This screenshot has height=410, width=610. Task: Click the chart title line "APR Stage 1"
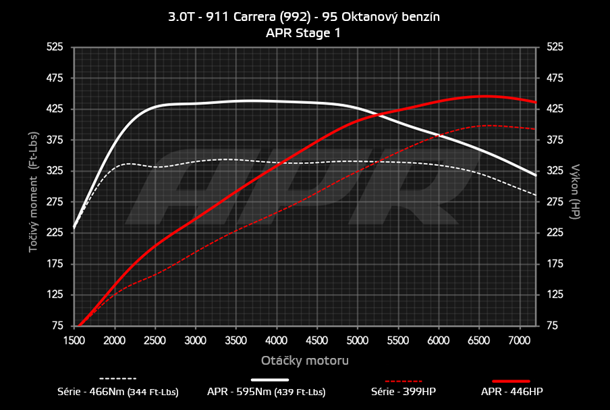tap(304, 32)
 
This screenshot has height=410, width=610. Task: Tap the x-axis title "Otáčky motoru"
tap(304, 361)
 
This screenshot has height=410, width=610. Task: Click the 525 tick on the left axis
tap(54, 47)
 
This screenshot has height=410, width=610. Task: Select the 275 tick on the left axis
tap(54, 202)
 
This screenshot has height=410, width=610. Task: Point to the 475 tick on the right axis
tap(555, 78)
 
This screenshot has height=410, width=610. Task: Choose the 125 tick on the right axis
tap(555, 294)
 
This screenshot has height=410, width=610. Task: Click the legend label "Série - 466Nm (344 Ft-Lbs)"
tap(118, 392)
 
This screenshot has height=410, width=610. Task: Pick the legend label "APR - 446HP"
tap(511, 392)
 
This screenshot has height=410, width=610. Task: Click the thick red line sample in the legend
tap(511, 380)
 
